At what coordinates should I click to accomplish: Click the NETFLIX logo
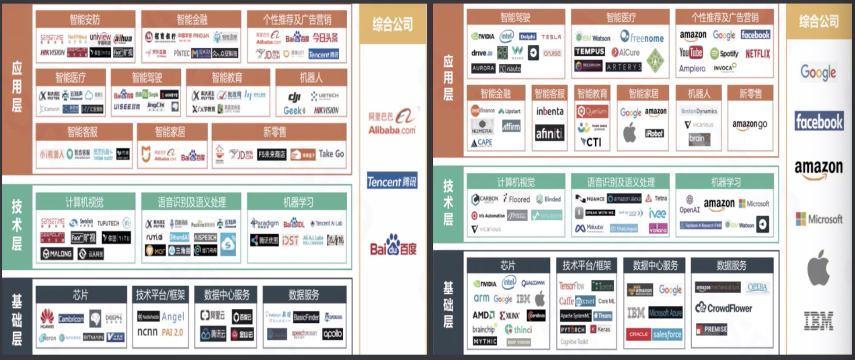click(758, 54)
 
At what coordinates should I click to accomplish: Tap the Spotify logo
click(724, 54)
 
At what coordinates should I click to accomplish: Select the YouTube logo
click(690, 53)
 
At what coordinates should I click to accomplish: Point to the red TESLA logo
click(551, 37)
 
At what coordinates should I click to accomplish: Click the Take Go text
click(331, 154)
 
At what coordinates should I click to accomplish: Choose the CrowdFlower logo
click(724, 308)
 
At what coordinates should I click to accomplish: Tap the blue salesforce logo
click(667, 335)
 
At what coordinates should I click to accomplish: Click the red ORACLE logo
click(638, 334)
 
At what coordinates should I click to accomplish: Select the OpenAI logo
click(690, 204)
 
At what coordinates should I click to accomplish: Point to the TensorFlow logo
click(572, 286)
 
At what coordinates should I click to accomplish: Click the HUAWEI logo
click(47, 318)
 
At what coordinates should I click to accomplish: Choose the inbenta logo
click(549, 111)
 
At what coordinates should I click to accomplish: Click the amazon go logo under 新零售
click(750, 124)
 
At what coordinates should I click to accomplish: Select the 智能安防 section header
click(85, 19)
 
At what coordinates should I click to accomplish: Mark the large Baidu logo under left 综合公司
click(393, 246)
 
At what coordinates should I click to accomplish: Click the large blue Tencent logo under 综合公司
click(392, 181)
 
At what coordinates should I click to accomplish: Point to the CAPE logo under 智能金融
click(481, 142)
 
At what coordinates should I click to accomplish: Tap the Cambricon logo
click(71, 319)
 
